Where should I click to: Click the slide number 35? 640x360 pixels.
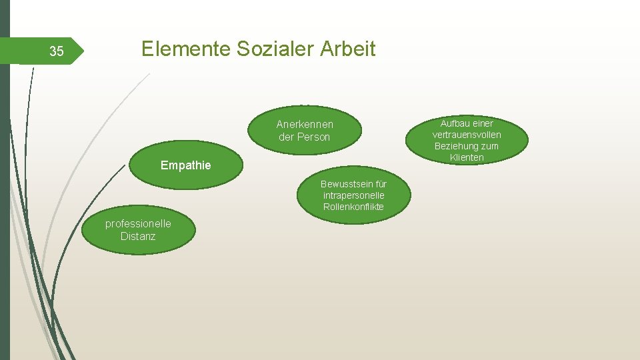point(57,51)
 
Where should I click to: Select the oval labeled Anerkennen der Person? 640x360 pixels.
point(305,131)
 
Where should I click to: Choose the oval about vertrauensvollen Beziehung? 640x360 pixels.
point(467,140)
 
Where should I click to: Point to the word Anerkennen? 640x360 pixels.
point(305,125)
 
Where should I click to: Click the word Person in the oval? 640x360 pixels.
point(313,137)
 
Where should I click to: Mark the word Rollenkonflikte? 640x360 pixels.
point(353,207)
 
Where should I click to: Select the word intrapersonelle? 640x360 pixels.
point(353,195)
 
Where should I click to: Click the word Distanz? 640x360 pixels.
point(138,236)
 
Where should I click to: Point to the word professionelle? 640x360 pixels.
point(138,224)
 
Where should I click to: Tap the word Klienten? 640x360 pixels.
point(467,157)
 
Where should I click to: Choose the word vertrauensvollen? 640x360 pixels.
point(467,135)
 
